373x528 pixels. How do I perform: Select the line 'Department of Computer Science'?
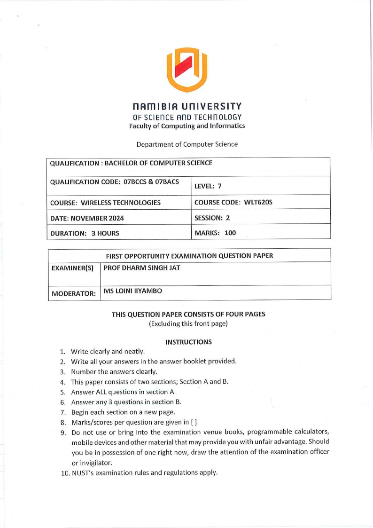pyautogui.click(x=187, y=144)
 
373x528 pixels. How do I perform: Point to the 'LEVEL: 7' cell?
pyautogui.click(x=208, y=186)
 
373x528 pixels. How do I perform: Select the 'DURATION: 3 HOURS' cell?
pyautogui.click(x=85, y=233)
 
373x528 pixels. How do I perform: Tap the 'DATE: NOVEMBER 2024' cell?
pyautogui.click(x=87, y=218)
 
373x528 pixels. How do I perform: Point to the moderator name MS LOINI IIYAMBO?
pyautogui.click(x=132, y=291)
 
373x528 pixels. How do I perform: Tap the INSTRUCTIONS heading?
pyautogui.click(x=188, y=342)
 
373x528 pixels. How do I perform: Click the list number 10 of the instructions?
pyautogui.click(x=65, y=473)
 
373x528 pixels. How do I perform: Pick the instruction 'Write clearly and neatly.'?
pyautogui.click(x=108, y=351)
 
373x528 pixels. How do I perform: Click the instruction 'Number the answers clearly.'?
pyautogui.click(x=111, y=371)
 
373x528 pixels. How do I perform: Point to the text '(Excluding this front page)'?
pyautogui.click(x=188, y=323)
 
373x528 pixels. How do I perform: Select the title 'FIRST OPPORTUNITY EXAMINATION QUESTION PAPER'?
pyautogui.click(x=190, y=256)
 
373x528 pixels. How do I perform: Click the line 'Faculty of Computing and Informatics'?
pyautogui.click(x=187, y=126)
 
